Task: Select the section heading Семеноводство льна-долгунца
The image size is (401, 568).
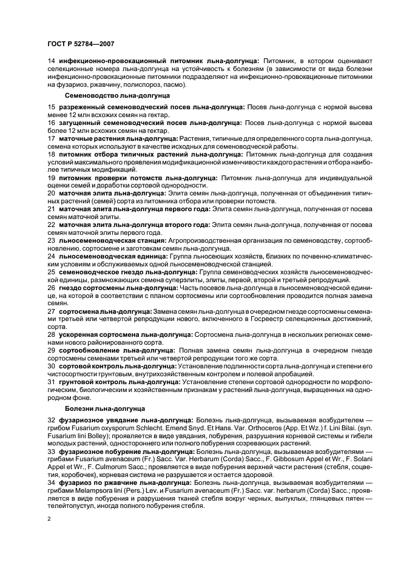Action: (x=117, y=95)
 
